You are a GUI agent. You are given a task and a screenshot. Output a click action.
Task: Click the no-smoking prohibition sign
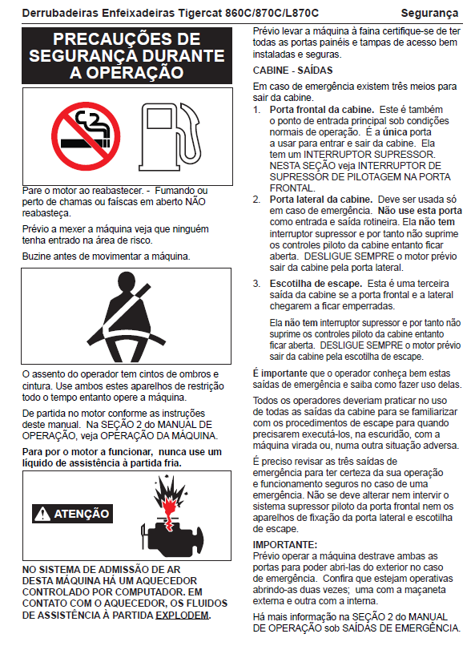(86, 136)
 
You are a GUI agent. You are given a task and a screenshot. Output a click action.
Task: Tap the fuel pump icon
(171, 136)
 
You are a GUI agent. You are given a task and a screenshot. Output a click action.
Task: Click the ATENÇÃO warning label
(72, 514)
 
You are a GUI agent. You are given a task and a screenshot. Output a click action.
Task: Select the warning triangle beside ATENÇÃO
(42, 514)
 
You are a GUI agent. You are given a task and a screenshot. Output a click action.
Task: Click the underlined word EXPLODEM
(182, 616)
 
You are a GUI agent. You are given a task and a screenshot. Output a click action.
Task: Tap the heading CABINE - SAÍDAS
(292, 70)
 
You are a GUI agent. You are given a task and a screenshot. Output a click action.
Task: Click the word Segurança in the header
(429, 14)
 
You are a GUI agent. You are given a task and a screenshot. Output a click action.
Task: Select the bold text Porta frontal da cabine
(321, 110)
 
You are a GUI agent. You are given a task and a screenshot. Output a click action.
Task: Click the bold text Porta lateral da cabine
(320, 200)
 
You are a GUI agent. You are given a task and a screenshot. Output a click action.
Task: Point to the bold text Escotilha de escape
(316, 284)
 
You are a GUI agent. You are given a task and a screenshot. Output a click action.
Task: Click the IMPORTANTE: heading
(285, 545)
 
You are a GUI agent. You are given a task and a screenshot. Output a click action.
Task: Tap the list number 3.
(256, 284)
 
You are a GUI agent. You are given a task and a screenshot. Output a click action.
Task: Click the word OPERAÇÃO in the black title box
(127, 73)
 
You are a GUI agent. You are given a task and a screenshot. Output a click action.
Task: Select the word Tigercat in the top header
(201, 14)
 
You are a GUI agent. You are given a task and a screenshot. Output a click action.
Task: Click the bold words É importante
(280, 373)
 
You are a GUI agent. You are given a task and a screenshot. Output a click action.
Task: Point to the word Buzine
(36, 256)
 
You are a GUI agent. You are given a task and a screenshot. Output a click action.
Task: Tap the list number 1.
(256, 110)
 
